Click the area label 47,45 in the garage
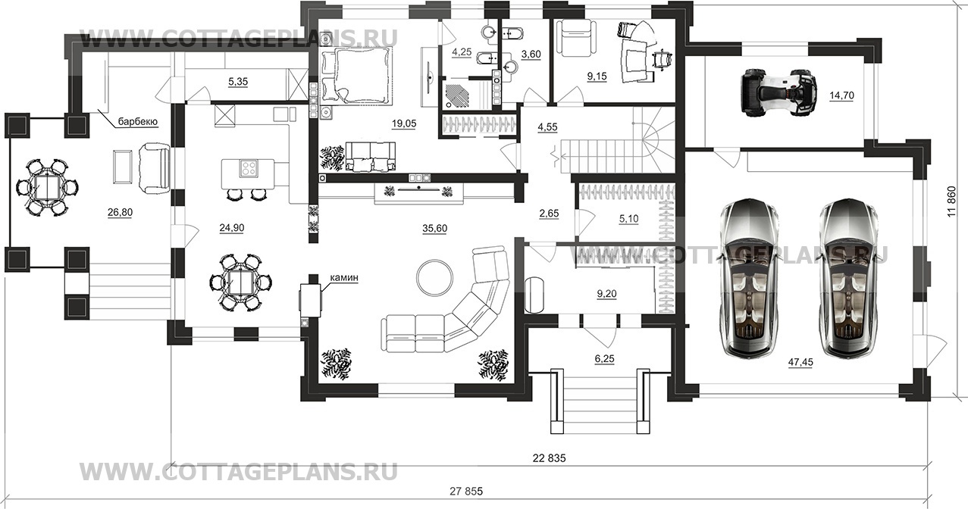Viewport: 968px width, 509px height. (x=800, y=362)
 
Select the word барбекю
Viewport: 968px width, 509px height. (x=138, y=122)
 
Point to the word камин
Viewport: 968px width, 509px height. (x=344, y=278)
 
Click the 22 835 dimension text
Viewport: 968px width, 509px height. (x=549, y=458)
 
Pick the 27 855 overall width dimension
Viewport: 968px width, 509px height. (x=466, y=492)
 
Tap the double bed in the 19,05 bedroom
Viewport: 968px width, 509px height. (x=356, y=76)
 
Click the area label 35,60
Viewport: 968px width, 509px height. (x=435, y=229)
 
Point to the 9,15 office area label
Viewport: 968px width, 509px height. (x=597, y=77)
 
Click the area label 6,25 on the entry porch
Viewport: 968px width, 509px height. (x=604, y=359)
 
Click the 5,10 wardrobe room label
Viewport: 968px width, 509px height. (x=628, y=219)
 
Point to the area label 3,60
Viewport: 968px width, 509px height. (x=531, y=55)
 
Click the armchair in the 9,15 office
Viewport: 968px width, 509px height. (x=572, y=39)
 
